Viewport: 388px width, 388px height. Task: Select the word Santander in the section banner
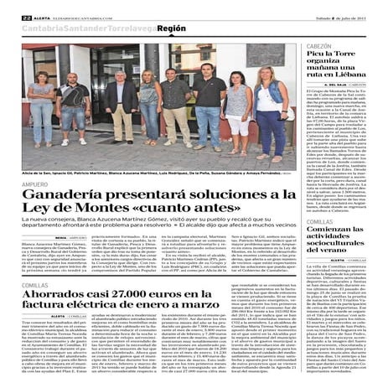point(88,28)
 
